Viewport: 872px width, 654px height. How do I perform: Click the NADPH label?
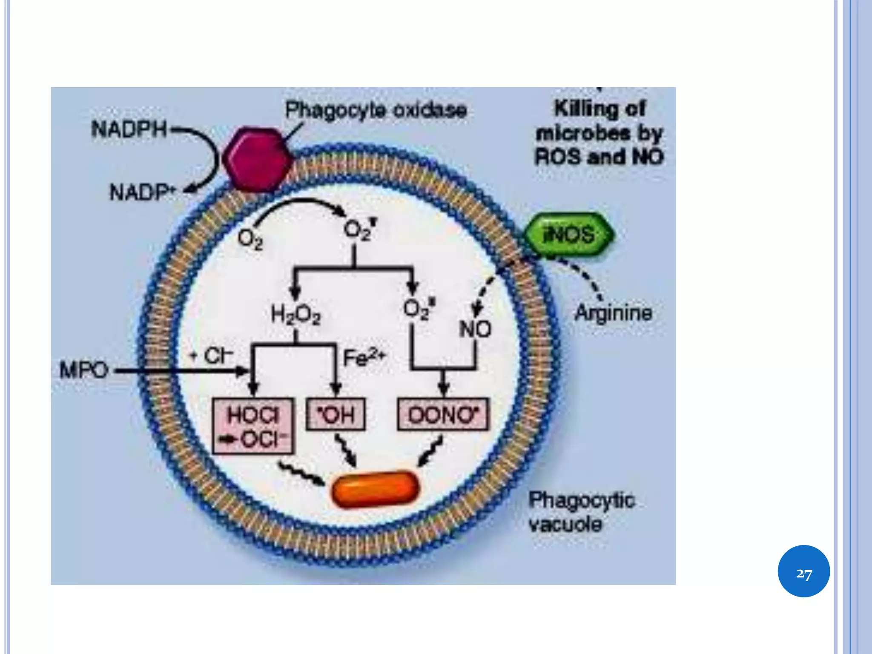coord(129,129)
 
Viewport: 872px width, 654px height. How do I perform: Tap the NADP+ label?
coord(143,192)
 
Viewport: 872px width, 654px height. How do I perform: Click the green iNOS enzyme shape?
coord(569,234)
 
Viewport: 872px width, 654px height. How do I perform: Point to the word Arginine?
coord(613,313)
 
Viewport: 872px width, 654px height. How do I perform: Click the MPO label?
coord(84,370)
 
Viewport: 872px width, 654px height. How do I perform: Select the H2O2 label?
coord(295,315)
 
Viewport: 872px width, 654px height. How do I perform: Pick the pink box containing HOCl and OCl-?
coord(253,426)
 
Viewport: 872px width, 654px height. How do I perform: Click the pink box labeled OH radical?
coord(336,414)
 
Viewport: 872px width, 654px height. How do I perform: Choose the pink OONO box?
coord(443,414)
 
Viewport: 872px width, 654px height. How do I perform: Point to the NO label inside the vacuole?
coord(475,329)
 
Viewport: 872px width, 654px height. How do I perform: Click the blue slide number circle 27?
coord(803,571)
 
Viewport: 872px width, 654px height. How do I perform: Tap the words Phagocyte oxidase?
coord(376,110)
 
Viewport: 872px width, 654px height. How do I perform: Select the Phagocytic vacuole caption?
coord(581,512)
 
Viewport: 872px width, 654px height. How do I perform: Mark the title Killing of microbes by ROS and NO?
coord(599,133)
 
